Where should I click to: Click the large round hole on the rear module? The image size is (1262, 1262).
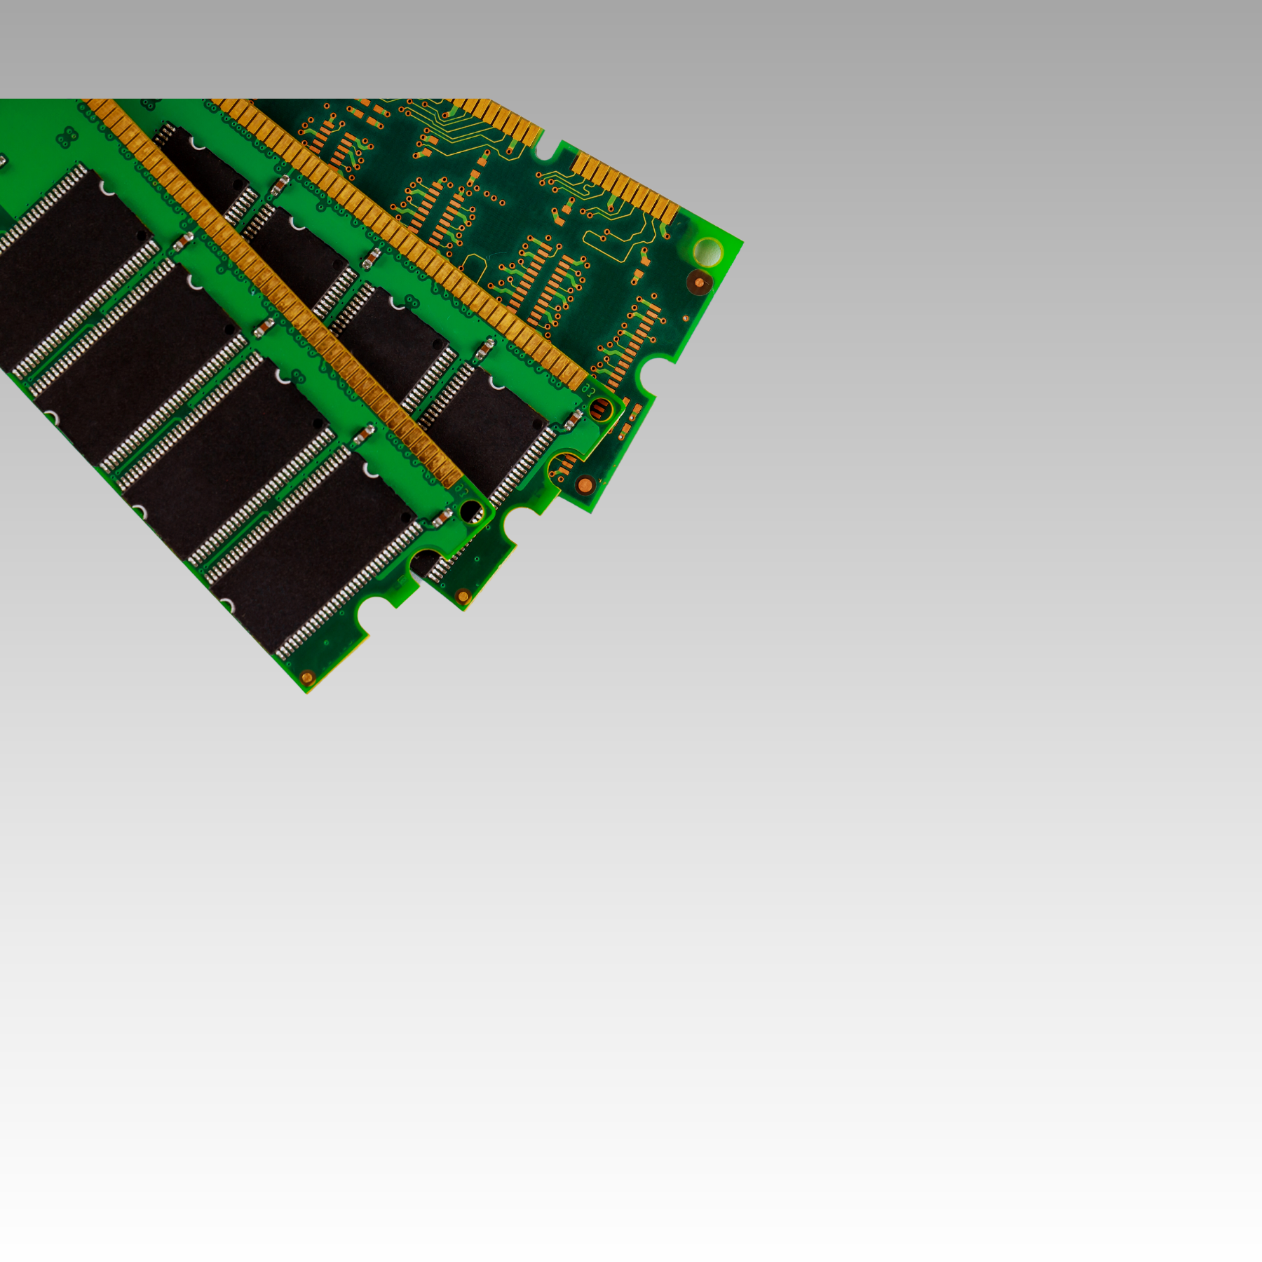tap(707, 252)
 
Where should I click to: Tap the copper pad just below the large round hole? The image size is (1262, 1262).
tap(698, 283)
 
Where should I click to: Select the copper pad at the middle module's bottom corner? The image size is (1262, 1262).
tap(462, 596)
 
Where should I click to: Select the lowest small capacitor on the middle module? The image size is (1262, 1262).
tap(573, 420)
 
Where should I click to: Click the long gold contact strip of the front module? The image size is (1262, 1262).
tap(280, 294)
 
